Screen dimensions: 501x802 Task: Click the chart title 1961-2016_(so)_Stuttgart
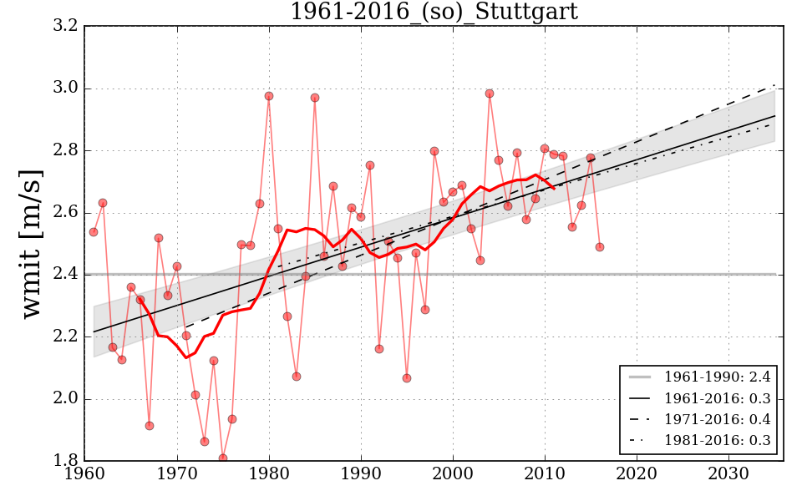[434, 12]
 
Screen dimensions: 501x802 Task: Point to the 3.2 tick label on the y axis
[67, 26]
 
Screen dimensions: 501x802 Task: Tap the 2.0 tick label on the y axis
[67, 398]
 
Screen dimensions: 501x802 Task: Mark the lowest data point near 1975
[223, 458]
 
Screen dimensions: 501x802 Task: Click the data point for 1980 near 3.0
[269, 96]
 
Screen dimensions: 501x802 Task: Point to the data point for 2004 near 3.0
[490, 94]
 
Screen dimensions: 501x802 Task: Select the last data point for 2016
[600, 247]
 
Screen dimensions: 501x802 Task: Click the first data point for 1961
[94, 232]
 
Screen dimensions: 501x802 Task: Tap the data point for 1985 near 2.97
[315, 98]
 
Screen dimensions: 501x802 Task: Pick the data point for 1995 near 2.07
[407, 378]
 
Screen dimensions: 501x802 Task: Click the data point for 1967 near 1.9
[150, 426]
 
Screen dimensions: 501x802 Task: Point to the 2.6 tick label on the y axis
[67, 212]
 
